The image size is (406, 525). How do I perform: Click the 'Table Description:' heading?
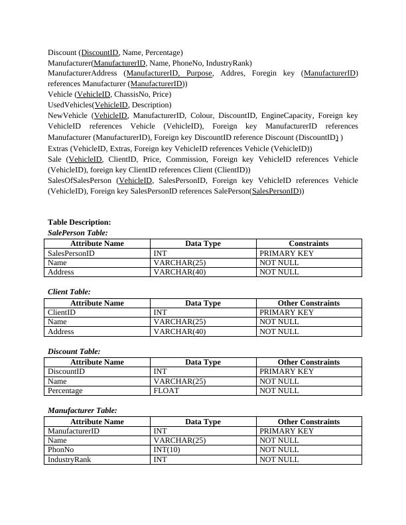79,223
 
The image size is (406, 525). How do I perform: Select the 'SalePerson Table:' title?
78,233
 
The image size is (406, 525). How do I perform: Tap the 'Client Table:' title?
69,292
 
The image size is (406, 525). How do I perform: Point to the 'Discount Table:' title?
74,351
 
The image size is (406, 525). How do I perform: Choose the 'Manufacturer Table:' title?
82,410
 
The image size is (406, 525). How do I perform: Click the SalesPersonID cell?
71,253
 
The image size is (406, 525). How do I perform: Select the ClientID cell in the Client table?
62,312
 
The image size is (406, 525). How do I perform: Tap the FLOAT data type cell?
166,391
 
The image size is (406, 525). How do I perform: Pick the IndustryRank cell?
69,459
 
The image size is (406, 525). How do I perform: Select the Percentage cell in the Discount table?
65,391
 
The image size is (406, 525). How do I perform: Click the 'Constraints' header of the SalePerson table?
308,243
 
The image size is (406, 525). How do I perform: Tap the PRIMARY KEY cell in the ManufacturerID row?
286,431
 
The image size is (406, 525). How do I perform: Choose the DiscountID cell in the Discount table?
66,372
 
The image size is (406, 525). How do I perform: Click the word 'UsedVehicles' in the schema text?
70,105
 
